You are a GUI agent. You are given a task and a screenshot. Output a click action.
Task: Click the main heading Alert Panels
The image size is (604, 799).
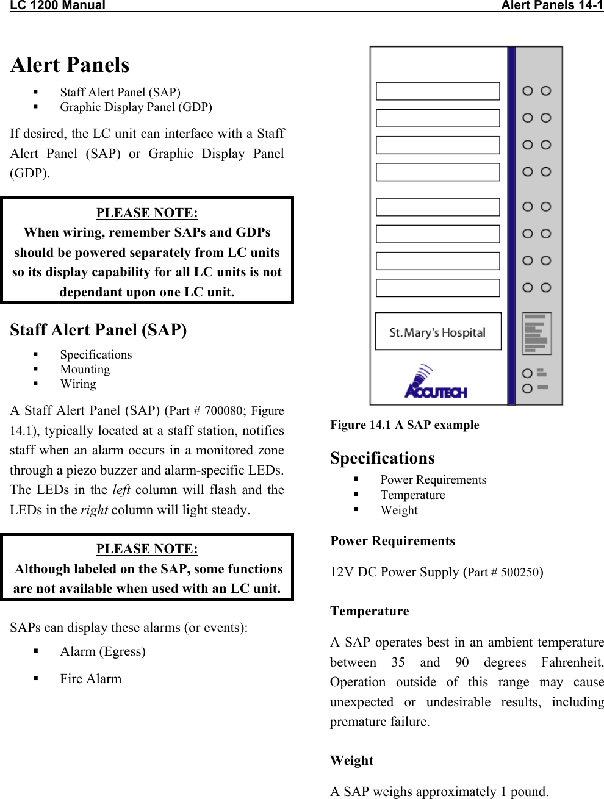point(70,65)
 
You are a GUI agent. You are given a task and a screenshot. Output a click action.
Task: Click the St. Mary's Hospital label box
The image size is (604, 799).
point(438,332)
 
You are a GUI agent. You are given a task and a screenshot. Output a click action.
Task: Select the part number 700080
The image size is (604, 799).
point(223,411)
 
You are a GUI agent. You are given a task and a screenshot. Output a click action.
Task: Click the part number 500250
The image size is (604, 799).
point(519,573)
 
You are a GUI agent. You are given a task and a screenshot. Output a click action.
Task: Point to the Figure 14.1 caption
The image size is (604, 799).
point(404,425)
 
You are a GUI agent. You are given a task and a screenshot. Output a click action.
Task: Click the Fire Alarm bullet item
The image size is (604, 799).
point(90,679)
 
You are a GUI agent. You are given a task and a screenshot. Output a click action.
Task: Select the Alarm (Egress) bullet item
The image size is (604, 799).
point(102,651)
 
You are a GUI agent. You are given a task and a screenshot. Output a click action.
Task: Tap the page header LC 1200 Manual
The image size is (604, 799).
point(58,5)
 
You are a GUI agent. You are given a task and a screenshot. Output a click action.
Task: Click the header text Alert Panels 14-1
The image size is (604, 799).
point(552,5)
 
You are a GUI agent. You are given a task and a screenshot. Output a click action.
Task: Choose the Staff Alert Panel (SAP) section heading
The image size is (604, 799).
point(98,330)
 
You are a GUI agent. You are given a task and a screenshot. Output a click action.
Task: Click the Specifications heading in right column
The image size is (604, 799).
point(383,458)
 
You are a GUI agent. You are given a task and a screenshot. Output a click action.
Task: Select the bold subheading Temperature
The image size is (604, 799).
point(370,611)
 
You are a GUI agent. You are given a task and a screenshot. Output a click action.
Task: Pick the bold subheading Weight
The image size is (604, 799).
point(351,761)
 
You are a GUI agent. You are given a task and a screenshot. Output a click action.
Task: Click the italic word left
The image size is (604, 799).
point(121,490)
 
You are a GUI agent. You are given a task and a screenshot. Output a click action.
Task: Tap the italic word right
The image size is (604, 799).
point(94,510)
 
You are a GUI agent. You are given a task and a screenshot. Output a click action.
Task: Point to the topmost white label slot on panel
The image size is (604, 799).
point(437,91)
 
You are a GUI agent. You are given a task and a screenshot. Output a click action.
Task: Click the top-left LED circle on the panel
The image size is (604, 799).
point(528,91)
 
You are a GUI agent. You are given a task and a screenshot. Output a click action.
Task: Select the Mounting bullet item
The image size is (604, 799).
point(85,370)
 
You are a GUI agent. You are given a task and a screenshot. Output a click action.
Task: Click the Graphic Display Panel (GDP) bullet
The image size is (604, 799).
point(135,107)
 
